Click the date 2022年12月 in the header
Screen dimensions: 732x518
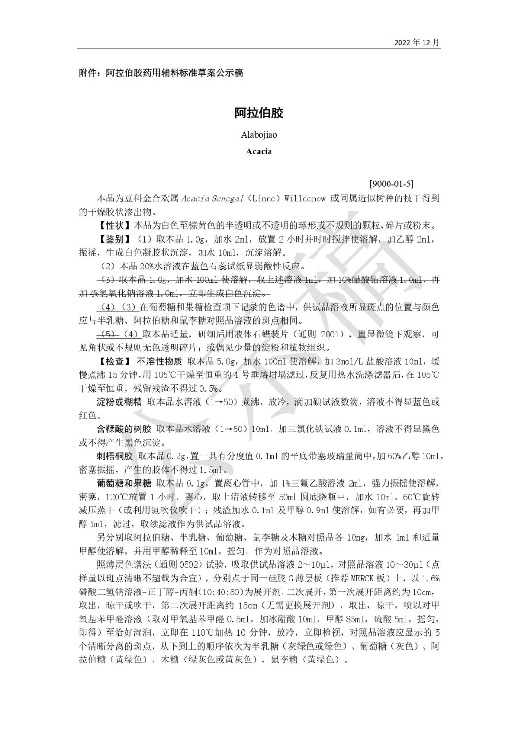tap(417, 42)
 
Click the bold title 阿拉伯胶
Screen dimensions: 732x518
tap(259, 113)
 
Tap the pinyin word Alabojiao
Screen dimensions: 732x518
tap(259, 135)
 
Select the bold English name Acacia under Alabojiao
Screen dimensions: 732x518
tap(259, 151)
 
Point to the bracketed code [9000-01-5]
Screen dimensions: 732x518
tap(391, 184)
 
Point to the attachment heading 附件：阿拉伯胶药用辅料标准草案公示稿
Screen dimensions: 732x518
tap(161, 73)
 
